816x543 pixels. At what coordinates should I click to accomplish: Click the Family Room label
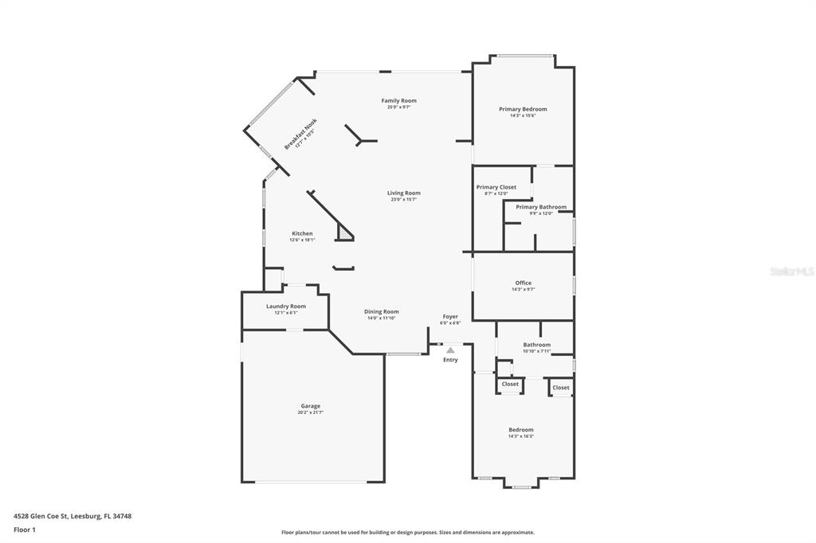tap(398, 101)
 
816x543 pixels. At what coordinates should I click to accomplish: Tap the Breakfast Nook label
tap(300, 135)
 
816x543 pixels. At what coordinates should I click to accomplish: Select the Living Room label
tap(404, 193)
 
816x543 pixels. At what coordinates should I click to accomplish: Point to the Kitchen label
tap(302, 233)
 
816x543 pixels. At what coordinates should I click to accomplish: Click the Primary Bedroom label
tap(523, 109)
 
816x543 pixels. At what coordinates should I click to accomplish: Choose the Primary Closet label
tap(496, 187)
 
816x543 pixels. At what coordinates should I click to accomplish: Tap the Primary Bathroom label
tap(541, 207)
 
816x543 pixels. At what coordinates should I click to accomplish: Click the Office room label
tap(524, 283)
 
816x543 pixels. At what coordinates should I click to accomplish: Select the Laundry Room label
tap(286, 307)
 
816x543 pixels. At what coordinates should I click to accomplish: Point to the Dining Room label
tap(382, 311)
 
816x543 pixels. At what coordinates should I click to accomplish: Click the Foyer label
tap(451, 316)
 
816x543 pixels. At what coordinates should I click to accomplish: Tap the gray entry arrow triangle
tap(450, 351)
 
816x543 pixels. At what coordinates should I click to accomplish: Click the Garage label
tap(311, 406)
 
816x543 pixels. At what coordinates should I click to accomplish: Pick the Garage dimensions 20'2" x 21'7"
tap(311, 412)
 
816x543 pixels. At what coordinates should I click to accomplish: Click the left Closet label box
tap(510, 385)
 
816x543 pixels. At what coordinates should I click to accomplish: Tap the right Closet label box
tap(561, 388)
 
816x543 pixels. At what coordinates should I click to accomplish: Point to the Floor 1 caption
tap(25, 530)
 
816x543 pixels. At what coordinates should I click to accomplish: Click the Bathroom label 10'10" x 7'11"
tap(537, 347)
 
